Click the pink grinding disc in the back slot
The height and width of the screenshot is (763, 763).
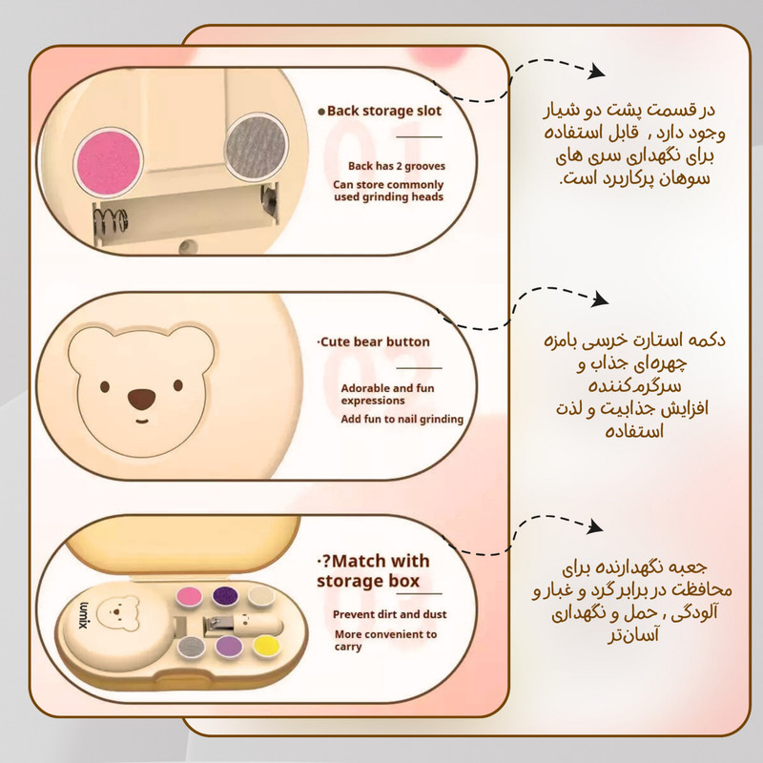click(109, 162)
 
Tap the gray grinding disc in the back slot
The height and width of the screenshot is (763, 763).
click(256, 145)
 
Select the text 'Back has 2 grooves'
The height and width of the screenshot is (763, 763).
click(397, 166)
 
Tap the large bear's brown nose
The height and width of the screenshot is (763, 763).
click(142, 399)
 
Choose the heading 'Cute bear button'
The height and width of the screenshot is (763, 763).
click(375, 341)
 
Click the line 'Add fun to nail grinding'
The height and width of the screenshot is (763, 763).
click(402, 419)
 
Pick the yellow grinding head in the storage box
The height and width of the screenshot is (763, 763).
click(266, 647)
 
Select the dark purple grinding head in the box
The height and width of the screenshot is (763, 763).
click(225, 597)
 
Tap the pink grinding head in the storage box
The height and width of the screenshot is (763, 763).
click(189, 597)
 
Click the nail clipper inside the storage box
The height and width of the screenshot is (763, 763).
click(228, 623)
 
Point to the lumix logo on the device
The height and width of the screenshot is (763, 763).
click(83, 614)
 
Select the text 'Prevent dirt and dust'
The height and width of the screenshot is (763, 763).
click(390, 614)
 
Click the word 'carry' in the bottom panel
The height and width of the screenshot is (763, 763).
click(348, 648)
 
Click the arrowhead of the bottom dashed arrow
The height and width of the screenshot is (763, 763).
click(594, 526)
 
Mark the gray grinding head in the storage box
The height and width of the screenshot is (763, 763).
click(191, 647)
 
